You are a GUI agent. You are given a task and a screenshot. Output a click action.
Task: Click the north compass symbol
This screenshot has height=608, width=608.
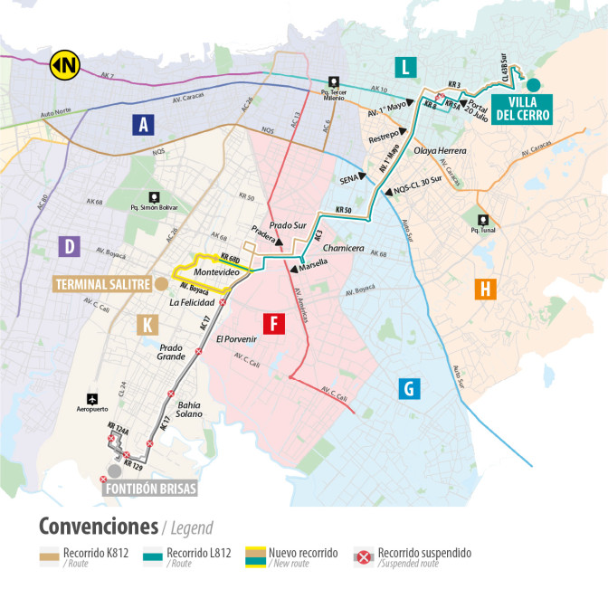[63, 64]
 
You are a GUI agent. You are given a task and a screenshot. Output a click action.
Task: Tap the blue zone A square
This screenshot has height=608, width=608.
[140, 125]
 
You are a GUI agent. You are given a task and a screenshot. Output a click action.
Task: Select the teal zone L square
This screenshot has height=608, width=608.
[405, 66]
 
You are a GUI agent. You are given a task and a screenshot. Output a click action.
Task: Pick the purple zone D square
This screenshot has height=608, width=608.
[67, 245]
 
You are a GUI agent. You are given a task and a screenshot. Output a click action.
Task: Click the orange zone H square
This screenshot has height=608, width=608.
[486, 289]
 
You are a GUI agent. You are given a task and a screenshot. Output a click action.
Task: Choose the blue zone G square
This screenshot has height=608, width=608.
[409, 389]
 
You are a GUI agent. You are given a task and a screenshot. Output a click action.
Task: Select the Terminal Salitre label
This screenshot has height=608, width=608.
[102, 284]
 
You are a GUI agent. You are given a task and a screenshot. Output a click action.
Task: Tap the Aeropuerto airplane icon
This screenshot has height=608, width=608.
[91, 398]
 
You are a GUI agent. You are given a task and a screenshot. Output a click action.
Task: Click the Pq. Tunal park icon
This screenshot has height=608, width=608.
[485, 219]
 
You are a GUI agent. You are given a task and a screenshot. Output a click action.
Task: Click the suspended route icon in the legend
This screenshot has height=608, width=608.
[364, 557]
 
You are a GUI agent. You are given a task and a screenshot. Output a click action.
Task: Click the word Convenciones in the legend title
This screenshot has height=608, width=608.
[97, 527]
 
